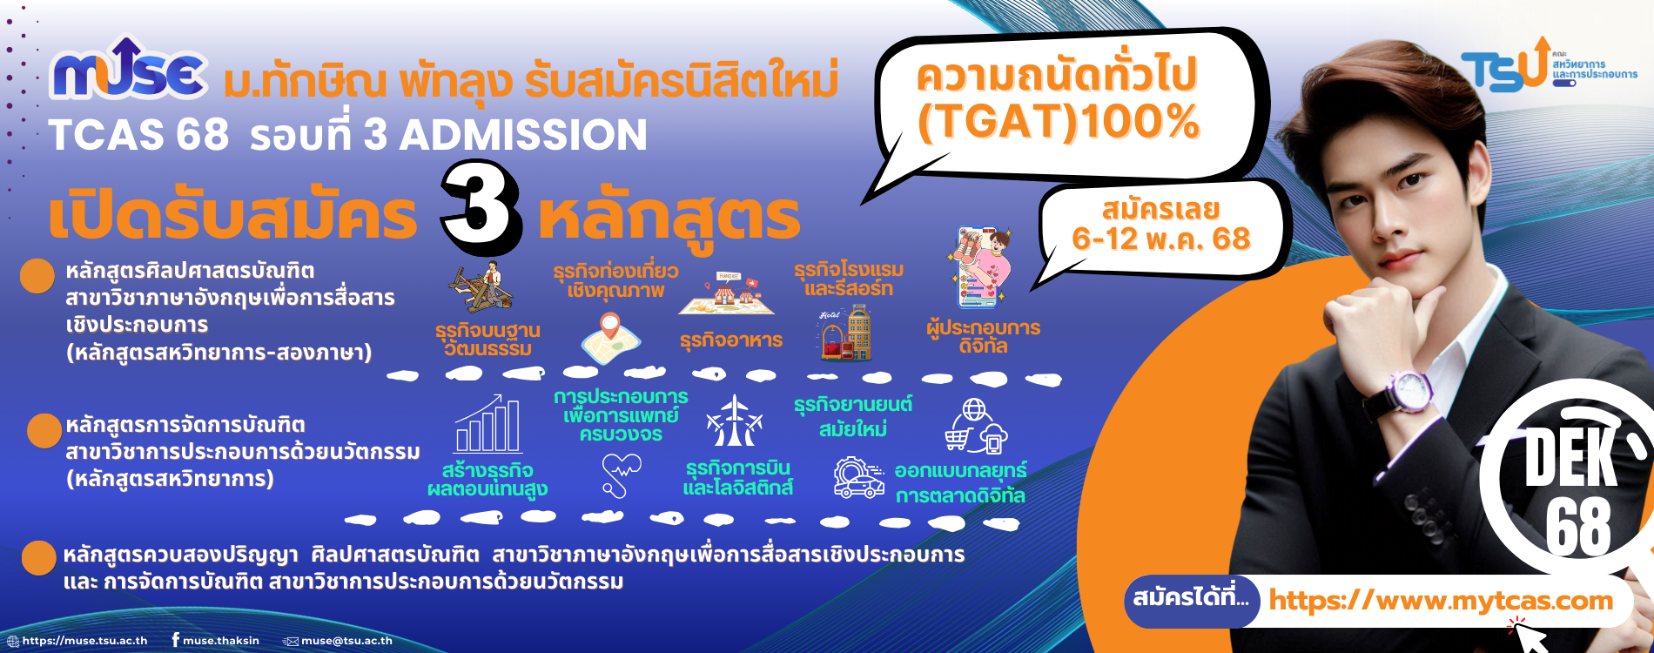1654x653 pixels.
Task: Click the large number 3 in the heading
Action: click(481, 207)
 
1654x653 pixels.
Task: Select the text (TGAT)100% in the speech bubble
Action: click(1059, 122)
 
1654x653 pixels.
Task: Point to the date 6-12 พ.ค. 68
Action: click(1160, 239)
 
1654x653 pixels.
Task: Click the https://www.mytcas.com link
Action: click(1441, 600)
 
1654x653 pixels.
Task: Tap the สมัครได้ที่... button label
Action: click(1190, 598)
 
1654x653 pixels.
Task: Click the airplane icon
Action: click(735, 421)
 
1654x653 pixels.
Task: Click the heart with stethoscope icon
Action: click(621, 475)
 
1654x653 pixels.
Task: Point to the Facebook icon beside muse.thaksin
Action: click(176, 640)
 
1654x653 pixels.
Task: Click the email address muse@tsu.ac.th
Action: click(346, 641)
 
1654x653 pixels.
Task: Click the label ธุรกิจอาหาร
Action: click(731, 340)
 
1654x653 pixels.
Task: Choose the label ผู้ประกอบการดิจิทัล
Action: click(984, 336)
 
